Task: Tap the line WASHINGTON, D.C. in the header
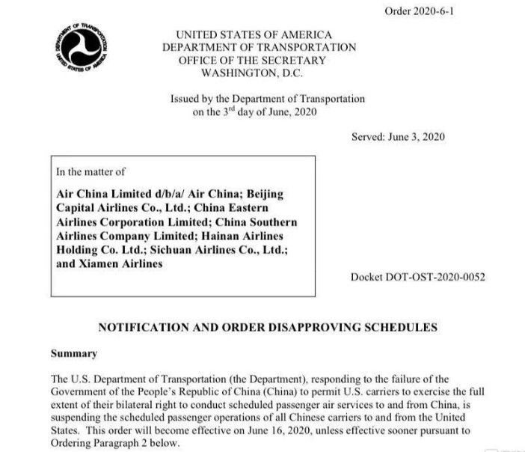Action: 252,73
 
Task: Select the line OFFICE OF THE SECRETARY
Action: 252,60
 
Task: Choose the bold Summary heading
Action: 73,352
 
